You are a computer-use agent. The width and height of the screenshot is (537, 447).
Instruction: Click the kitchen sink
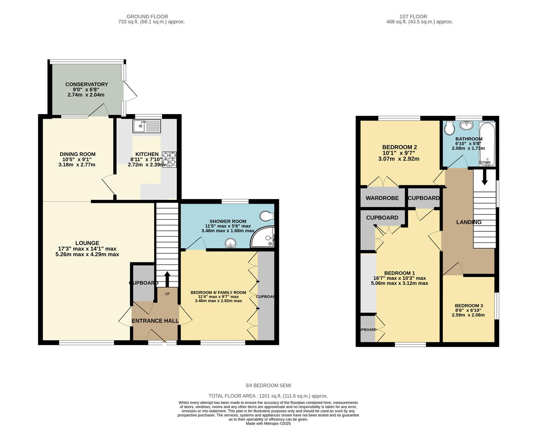(x=147, y=126)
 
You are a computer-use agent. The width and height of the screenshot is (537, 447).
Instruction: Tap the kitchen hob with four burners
(x=169, y=159)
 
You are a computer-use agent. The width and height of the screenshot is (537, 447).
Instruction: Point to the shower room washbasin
(x=229, y=243)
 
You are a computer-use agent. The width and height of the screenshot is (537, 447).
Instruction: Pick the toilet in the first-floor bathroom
(x=448, y=130)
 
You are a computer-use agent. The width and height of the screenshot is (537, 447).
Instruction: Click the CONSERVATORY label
(x=87, y=84)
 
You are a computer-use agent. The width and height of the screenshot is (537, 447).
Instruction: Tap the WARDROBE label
(x=382, y=198)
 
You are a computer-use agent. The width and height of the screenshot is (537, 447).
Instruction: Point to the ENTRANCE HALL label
(x=155, y=321)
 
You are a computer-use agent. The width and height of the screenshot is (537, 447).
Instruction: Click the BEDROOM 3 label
(x=468, y=306)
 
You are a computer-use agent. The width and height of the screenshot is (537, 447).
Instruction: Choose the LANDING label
(x=469, y=222)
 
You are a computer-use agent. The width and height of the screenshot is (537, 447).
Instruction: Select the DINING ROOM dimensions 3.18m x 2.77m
(x=77, y=165)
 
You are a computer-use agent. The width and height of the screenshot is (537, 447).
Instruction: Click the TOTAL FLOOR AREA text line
(x=268, y=396)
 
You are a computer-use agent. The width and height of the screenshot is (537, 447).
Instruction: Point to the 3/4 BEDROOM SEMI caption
(x=268, y=385)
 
